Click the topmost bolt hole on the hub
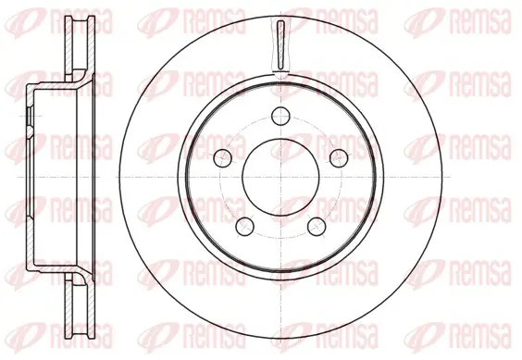(x=280, y=117)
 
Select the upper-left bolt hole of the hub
(x=222, y=157)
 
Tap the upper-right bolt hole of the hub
(x=339, y=157)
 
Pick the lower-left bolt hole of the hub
(x=244, y=226)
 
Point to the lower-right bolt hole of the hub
(x=317, y=226)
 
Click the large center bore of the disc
(x=281, y=177)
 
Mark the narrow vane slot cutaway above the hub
(x=281, y=45)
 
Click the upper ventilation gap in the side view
(x=80, y=44)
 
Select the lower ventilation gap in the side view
(x=80, y=309)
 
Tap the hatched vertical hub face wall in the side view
(x=30, y=177)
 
